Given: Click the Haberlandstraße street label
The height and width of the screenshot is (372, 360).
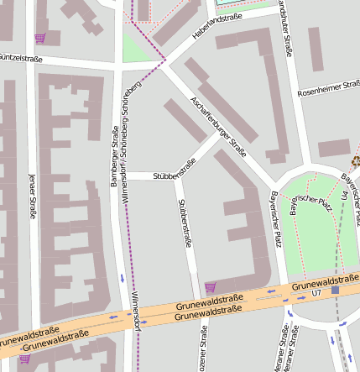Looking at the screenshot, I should tap(217, 29).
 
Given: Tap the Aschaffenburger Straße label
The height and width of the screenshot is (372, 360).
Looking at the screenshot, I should tap(218, 127).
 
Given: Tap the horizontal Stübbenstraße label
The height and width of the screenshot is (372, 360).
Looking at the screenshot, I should tap(174, 176).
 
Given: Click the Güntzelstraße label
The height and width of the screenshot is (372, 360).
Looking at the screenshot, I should tap(20, 58).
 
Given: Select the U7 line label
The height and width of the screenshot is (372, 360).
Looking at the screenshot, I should tap(316, 294).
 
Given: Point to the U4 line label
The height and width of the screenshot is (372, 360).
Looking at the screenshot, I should tap(344, 196).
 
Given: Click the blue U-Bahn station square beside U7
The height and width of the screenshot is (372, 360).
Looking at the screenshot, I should tap(335, 290).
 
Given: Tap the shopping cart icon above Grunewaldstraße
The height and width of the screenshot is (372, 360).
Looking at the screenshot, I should tap(210, 287).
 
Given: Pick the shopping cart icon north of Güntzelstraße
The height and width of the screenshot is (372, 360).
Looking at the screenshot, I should tap(39, 38).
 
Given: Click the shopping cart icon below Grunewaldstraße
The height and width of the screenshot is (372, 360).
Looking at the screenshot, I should tap(24, 359).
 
